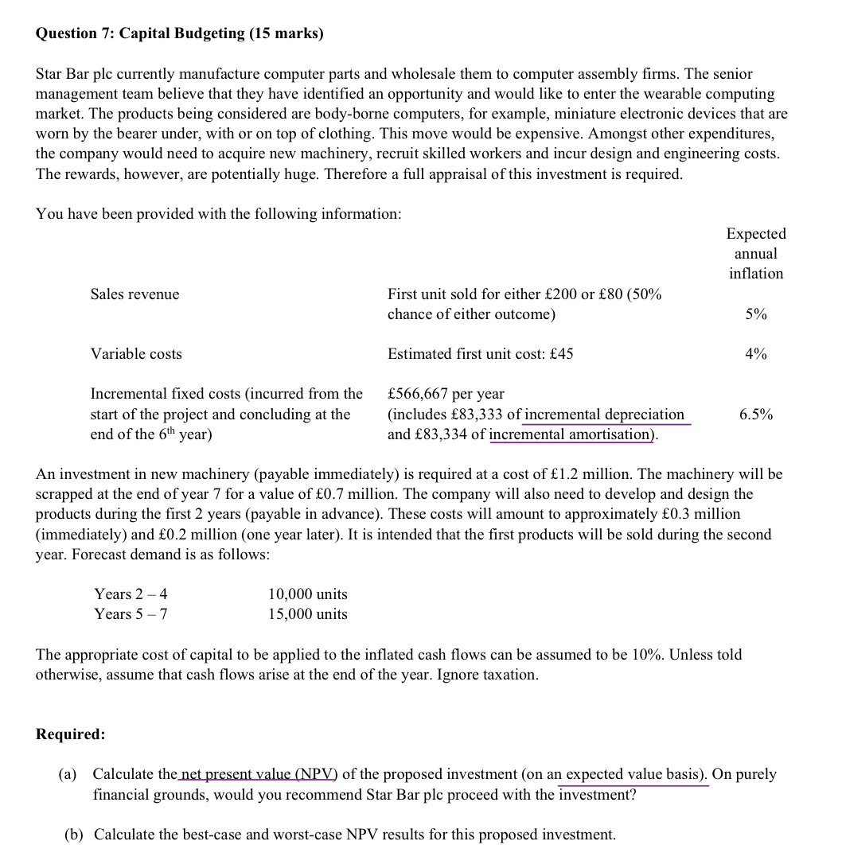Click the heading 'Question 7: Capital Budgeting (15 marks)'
180,33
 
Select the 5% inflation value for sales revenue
756,314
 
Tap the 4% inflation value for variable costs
756,354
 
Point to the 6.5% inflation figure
756,415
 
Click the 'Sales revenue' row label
135,294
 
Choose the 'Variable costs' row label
136,354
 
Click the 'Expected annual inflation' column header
756,254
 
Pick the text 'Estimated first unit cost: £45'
480,354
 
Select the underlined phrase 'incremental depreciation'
605,415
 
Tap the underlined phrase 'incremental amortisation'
570,434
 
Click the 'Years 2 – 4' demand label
131,594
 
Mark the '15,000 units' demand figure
308,614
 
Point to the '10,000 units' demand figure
308,594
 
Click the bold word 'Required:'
71,734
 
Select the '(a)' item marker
69,774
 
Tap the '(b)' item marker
75,835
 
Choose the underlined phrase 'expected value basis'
633,774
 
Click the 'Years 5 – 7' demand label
131,614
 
